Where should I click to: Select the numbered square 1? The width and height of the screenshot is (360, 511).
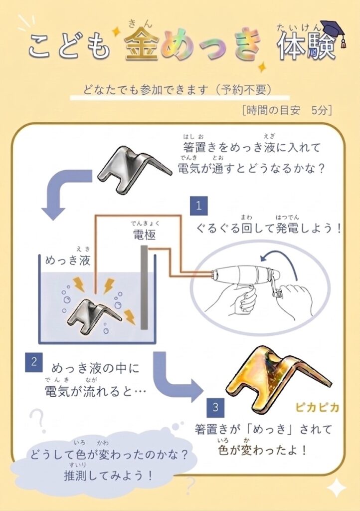click(199, 206)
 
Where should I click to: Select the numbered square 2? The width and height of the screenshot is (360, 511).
click(34, 362)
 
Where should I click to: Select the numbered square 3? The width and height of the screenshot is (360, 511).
click(215, 407)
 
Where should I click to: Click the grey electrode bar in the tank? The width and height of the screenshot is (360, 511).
click(144, 287)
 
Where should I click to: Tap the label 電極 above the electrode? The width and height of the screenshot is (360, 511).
click(145, 235)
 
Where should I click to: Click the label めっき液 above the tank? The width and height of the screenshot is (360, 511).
click(68, 260)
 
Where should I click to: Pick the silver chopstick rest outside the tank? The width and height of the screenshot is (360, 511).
click(134, 170)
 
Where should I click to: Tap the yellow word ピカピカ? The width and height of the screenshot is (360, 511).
click(317, 407)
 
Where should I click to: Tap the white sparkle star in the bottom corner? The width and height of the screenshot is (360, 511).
click(337, 488)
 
